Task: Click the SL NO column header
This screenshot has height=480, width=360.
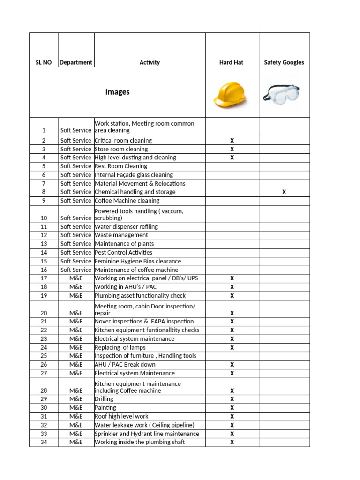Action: click(44, 62)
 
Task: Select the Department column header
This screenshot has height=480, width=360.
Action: click(76, 62)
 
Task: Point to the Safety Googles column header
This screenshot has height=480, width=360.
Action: click(284, 62)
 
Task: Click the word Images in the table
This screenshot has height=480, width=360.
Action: click(118, 92)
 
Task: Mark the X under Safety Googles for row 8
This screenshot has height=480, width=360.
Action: click(284, 192)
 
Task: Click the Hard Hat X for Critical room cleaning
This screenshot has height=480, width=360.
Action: click(232, 141)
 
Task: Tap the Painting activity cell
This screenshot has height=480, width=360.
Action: click(105, 408)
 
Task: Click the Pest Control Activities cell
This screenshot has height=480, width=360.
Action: click(123, 252)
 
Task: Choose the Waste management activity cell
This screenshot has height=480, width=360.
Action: click(121, 235)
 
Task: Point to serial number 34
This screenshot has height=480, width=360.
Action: click(44, 442)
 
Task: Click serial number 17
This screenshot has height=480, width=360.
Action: click(44, 278)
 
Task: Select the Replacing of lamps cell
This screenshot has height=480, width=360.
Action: click(120, 347)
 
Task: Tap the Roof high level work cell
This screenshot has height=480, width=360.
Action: click(121, 416)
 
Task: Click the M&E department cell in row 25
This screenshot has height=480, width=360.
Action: click(76, 356)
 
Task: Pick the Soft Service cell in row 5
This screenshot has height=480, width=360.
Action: click(76, 166)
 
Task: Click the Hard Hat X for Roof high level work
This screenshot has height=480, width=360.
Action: click(232, 416)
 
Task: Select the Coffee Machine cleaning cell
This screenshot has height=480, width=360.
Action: click(127, 201)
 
